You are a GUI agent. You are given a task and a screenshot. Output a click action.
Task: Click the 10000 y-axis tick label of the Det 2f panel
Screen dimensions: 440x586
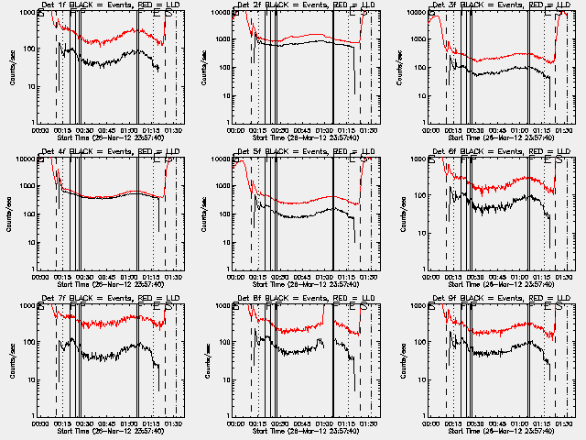pyautogui.click(x=220, y=12)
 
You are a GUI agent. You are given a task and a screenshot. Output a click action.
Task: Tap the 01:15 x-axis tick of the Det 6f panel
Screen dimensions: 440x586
pyautogui.click(x=541, y=276)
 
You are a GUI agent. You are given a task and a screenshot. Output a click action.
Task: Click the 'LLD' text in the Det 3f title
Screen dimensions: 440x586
pyautogui.click(x=551, y=5)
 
